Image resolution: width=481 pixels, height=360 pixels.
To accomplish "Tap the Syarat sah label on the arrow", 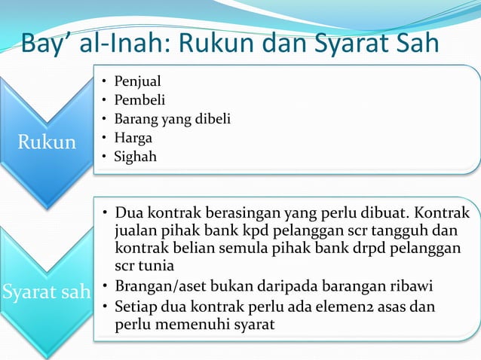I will pyautogui.click(x=46, y=291).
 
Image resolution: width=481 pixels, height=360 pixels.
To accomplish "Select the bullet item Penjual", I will pyautogui.click(x=137, y=81).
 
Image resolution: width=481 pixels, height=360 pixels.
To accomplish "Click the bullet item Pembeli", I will pyautogui.click(x=139, y=99).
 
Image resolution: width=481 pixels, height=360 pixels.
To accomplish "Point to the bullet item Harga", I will pyautogui.click(x=132, y=138).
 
